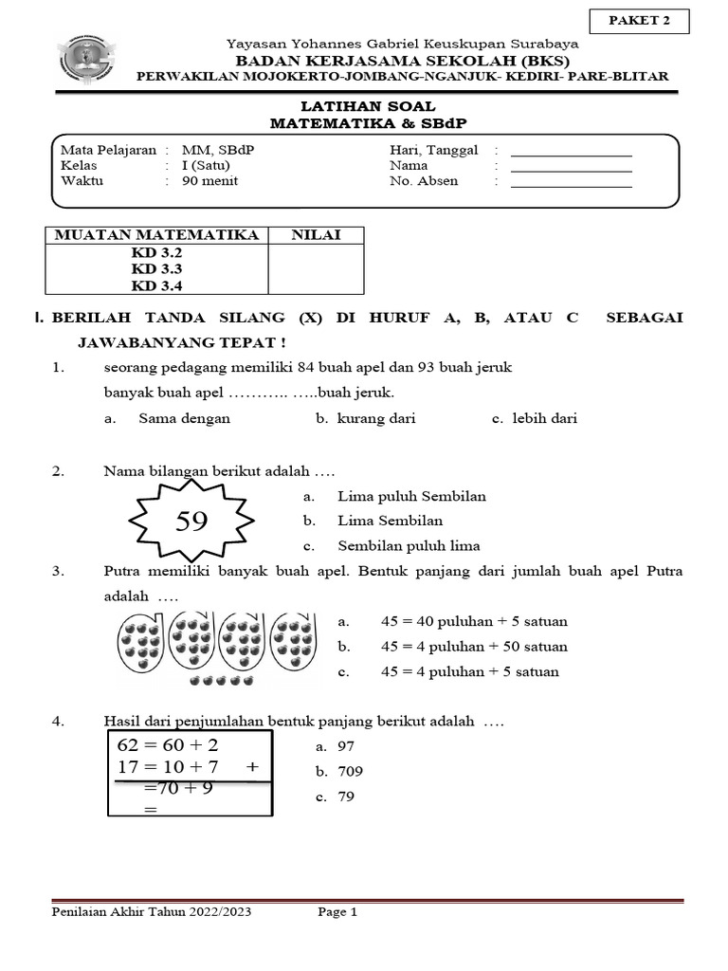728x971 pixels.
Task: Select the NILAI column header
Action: pyautogui.click(x=317, y=234)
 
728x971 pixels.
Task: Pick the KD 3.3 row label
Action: pyautogui.click(x=156, y=269)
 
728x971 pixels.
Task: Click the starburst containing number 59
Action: pyautogui.click(x=191, y=520)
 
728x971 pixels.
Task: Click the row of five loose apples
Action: pyautogui.click(x=222, y=681)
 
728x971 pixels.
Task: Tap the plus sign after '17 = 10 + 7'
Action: pyautogui.click(x=251, y=766)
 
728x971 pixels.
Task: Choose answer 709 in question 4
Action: pyautogui.click(x=350, y=771)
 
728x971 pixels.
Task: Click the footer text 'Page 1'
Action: pyautogui.click(x=337, y=913)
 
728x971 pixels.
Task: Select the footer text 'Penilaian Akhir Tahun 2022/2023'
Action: pyautogui.click(x=151, y=913)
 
